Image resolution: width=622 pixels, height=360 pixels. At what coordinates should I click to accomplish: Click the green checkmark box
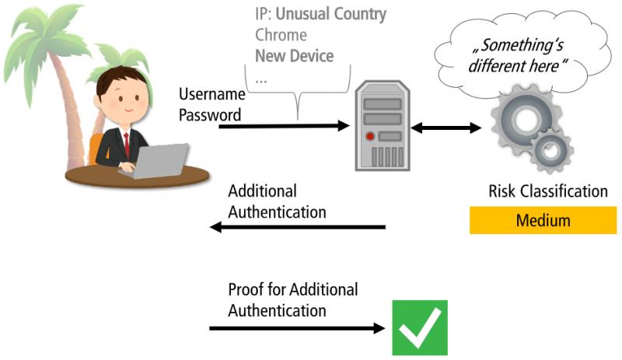point(420,327)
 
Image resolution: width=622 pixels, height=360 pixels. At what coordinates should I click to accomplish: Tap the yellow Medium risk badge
point(543,220)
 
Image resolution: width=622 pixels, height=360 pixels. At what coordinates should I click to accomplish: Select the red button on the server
point(370,137)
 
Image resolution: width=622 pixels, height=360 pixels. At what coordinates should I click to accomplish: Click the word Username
point(211,94)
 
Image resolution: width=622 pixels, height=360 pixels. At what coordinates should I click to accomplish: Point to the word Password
point(210,115)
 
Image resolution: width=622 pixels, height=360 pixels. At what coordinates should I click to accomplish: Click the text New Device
point(295,55)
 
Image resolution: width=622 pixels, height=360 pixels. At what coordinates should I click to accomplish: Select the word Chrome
point(281,35)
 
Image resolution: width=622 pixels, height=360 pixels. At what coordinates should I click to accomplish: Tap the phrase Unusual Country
point(331,14)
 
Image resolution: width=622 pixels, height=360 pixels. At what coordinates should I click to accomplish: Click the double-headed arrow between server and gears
point(446,128)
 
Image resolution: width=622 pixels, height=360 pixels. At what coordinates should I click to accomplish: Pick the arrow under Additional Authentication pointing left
point(298,227)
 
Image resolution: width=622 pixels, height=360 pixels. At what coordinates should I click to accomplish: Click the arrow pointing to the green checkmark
point(297,328)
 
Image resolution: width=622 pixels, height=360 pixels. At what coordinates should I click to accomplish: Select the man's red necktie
point(127,145)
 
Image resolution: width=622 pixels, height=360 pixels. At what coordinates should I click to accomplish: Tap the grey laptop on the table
point(157,161)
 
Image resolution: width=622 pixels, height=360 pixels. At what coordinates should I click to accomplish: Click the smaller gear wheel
point(551,151)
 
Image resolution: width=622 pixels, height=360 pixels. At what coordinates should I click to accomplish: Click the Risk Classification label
point(548,191)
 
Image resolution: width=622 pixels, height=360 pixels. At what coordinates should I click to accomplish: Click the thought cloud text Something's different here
point(518,55)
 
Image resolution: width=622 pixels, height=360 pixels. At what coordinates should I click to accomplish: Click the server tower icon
point(383,125)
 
